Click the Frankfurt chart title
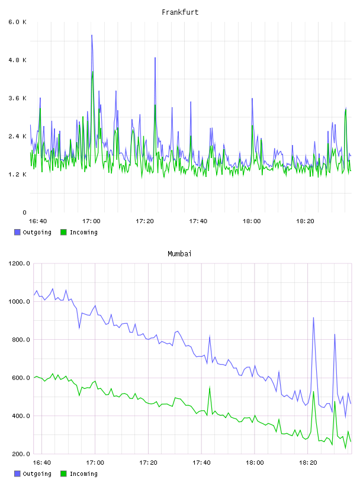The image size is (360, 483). [180, 12]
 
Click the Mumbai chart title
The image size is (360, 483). [179, 254]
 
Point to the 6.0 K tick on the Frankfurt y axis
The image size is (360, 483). [18, 22]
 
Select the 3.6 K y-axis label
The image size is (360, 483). [18, 98]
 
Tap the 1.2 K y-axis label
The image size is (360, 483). [18, 175]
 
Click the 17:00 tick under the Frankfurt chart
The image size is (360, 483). [91, 221]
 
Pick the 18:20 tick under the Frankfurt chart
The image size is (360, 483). [305, 221]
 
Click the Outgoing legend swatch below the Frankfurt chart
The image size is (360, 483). [17, 232]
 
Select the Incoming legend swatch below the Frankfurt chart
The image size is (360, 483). [63, 232]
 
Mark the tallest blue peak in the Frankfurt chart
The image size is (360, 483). [92, 35]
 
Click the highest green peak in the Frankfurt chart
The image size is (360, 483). [93, 72]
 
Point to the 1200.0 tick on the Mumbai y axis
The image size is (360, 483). [19, 263]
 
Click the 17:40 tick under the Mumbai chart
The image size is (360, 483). [201, 462]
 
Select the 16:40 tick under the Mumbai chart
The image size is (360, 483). [41, 462]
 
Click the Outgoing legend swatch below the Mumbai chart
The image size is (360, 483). [17, 474]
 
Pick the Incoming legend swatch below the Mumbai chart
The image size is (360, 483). [63, 474]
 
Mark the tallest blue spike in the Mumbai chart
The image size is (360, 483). [313, 318]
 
